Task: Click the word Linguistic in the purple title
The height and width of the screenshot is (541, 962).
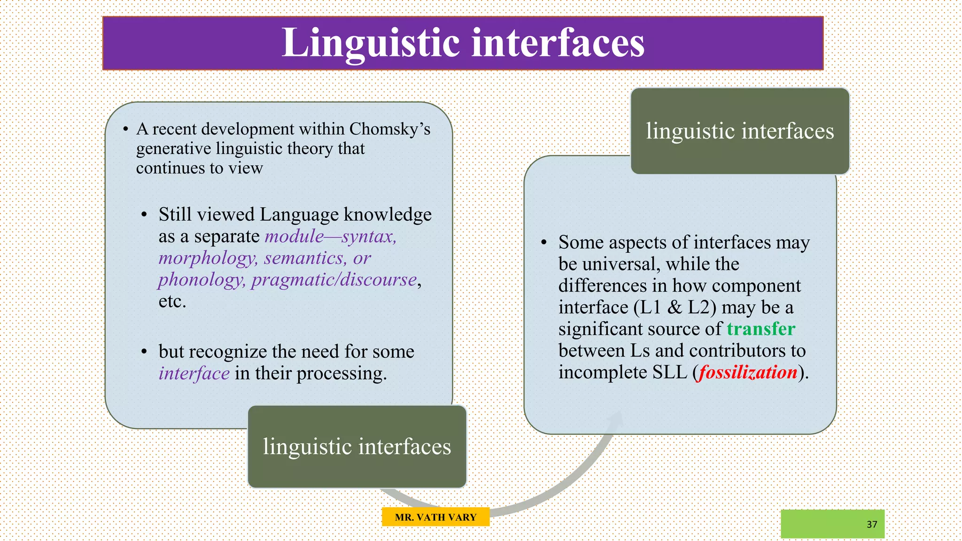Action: [371, 43]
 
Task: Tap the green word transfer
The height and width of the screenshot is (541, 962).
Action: [760, 329]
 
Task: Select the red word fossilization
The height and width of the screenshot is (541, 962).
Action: [748, 372]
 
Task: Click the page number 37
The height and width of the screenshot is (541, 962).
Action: [872, 525]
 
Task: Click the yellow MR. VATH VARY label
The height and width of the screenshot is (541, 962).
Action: [435, 517]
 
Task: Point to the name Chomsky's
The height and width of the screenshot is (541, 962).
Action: [389, 129]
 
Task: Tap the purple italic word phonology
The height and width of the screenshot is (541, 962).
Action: [201, 279]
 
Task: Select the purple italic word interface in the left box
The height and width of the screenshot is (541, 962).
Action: [194, 373]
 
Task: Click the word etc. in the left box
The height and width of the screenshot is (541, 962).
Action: [172, 301]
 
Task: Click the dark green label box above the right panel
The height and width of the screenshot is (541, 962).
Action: [739, 131]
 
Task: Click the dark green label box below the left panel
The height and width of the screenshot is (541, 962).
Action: [357, 447]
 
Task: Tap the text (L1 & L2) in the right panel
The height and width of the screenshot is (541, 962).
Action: [675, 308]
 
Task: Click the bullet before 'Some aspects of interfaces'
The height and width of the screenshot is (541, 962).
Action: [544, 243]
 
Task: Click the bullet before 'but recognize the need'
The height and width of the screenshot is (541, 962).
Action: [144, 352]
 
